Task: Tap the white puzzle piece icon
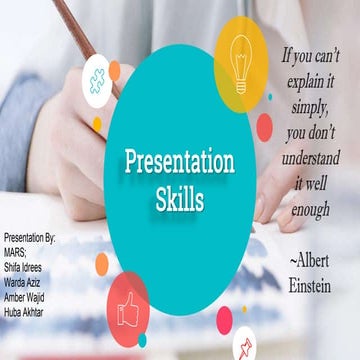[97, 80]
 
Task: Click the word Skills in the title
[180, 199]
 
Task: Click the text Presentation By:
[30, 239]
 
